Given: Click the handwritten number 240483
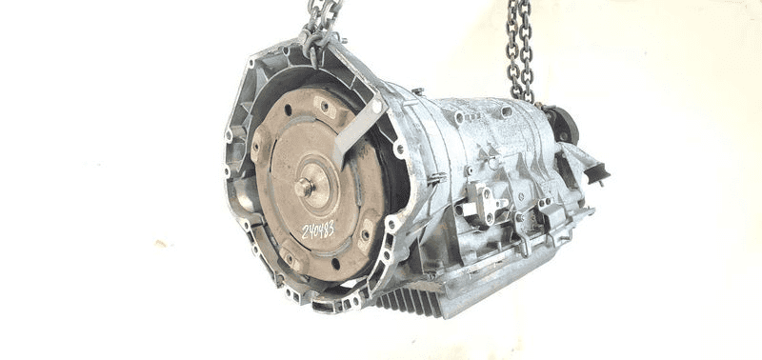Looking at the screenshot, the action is click(318, 229).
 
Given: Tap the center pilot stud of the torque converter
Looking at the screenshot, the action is click(304, 187).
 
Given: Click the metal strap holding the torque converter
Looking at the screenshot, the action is click(359, 128).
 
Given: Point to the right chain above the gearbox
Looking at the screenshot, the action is click(520, 51).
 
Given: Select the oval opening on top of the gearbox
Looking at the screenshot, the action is click(506, 112).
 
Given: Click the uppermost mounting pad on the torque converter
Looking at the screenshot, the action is click(325, 107).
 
